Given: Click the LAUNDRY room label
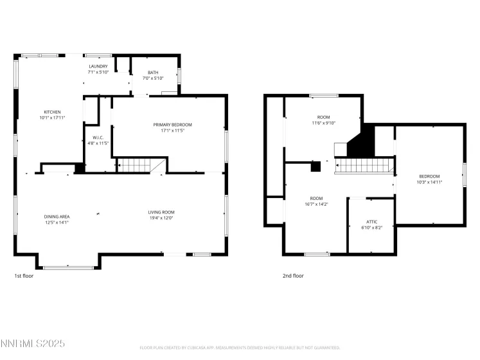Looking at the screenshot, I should (98, 66).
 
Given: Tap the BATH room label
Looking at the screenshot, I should (153, 73).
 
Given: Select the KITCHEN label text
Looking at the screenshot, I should (53, 112).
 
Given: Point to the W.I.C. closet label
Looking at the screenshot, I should (98, 137).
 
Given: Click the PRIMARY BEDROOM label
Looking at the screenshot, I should (172, 124).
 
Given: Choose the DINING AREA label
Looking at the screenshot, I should (57, 216).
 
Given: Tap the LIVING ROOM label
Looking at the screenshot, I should (161, 212).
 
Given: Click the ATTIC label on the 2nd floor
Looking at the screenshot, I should (371, 222).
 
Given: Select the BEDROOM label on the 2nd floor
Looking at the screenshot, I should (429, 176).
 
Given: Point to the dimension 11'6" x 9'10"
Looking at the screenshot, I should (324, 123).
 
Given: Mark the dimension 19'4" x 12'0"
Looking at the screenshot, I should (161, 218).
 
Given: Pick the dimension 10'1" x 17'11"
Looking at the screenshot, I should (53, 118).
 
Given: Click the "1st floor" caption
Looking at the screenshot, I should (24, 275).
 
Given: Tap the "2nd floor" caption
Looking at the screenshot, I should (293, 275).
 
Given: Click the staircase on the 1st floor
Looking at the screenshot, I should (136, 165).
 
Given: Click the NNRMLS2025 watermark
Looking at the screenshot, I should (33, 344).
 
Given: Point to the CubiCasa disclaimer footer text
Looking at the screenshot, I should (239, 347).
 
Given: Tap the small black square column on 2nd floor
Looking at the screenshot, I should (316, 166).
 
